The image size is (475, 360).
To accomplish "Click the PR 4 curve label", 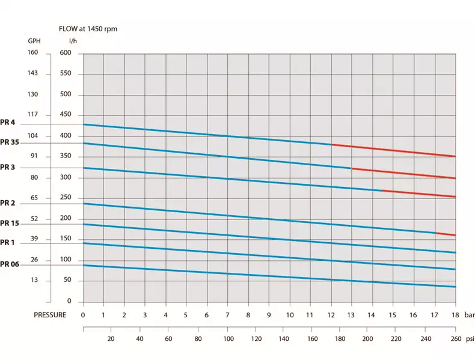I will [x=8, y=123].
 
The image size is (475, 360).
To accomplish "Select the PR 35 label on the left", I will [x=10, y=142].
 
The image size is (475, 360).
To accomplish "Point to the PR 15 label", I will [x=10, y=223].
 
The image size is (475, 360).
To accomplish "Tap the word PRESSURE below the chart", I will [x=50, y=314].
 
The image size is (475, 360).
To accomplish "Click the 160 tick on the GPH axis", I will [x=32, y=53].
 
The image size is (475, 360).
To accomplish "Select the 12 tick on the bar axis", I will [x=331, y=314].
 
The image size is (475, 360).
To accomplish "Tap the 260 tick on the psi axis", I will [x=455, y=339].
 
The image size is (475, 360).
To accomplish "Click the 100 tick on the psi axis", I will [x=228, y=339].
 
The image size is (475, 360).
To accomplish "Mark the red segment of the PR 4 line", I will [x=394, y=150].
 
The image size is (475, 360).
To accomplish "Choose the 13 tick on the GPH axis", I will [x=34, y=280].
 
